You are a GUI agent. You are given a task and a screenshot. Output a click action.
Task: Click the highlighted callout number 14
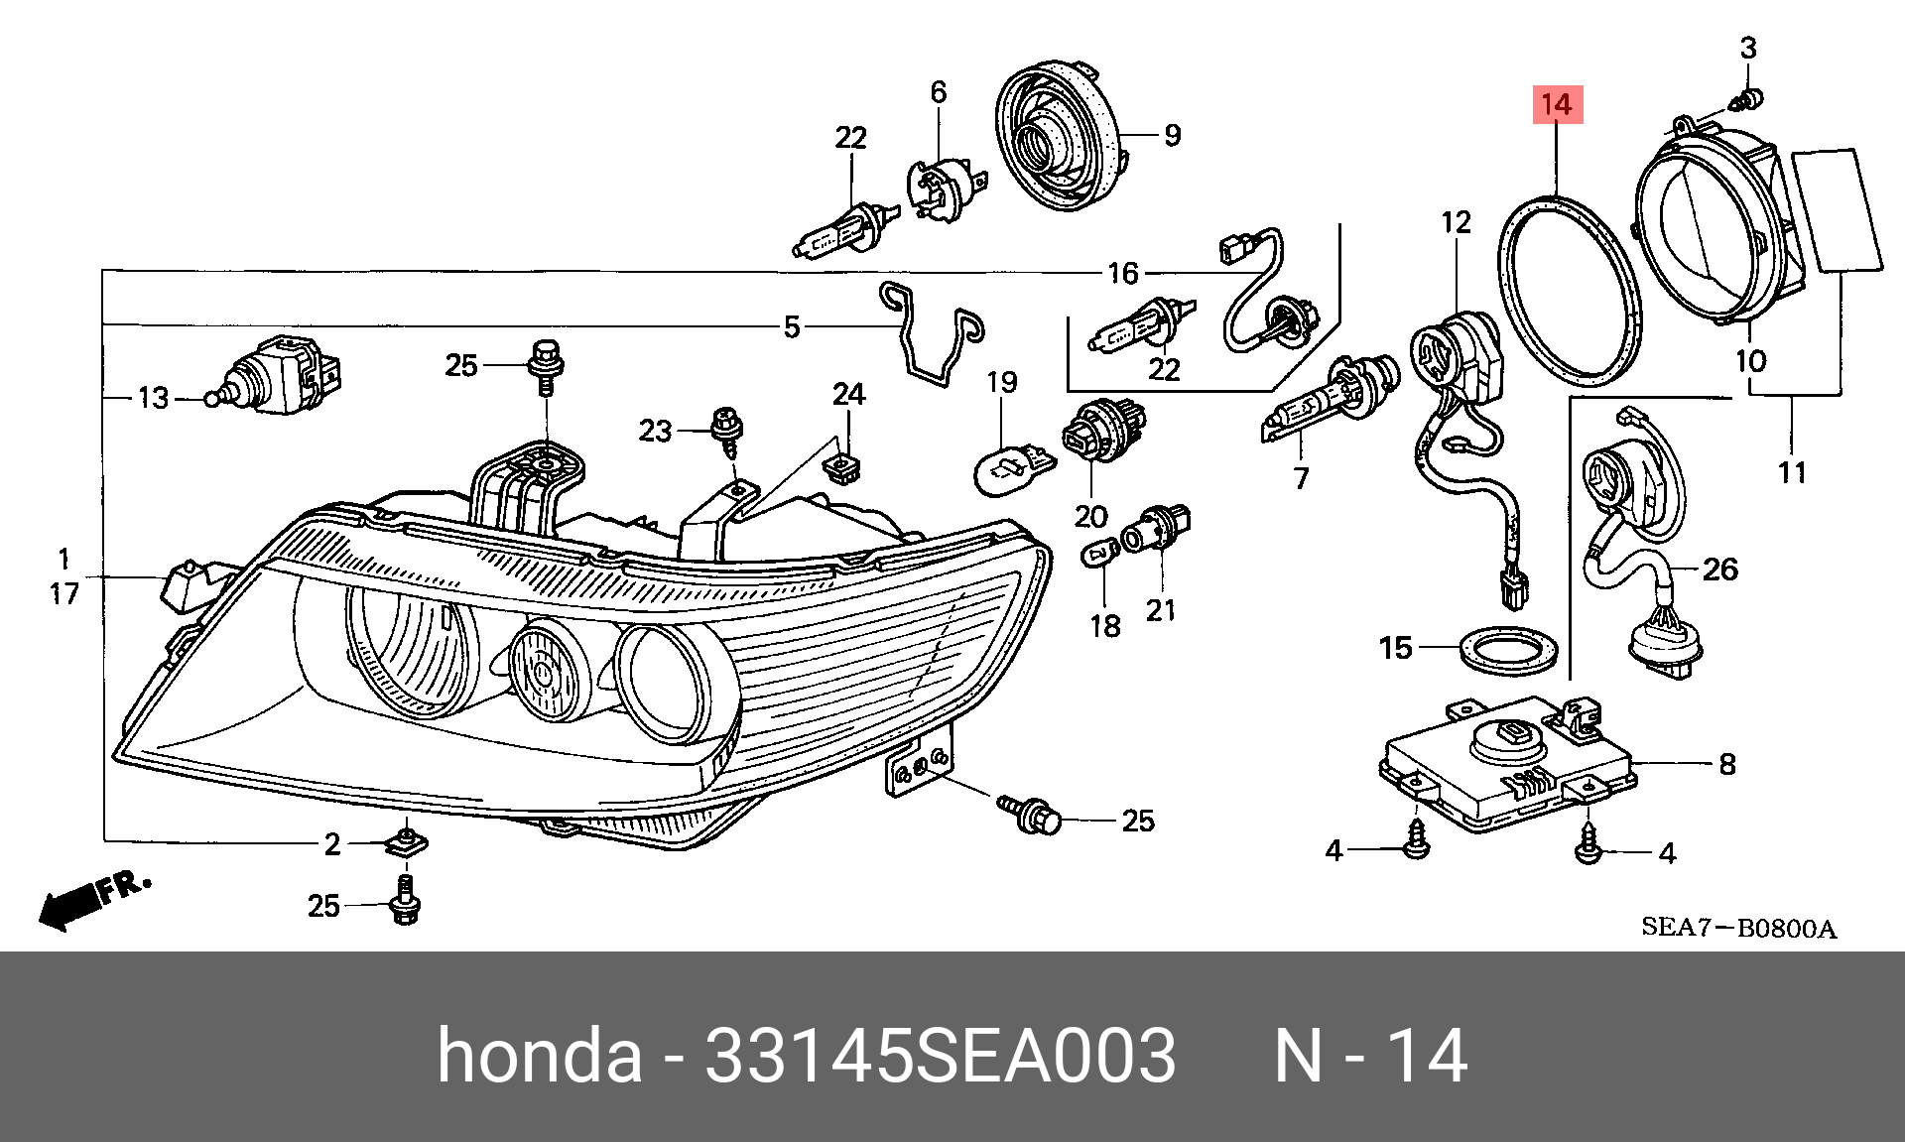[x=1557, y=104]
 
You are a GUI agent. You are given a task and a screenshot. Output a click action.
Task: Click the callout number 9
[x=1173, y=135]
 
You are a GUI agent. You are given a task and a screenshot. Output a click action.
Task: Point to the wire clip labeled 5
[x=931, y=334]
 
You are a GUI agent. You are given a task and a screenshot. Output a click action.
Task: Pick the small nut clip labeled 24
[x=843, y=465]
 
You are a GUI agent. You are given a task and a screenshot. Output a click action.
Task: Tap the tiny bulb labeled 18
[x=1098, y=551]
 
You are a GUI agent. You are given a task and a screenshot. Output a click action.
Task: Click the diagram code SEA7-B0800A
[x=1738, y=928]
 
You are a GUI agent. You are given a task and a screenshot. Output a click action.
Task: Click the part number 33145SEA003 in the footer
[x=940, y=1055]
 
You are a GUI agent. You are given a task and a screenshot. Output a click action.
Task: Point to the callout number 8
[x=1727, y=764]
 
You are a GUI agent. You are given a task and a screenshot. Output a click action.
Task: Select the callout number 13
[x=154, y=398]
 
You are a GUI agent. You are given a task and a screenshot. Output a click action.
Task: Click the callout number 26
[x=1720, y=570]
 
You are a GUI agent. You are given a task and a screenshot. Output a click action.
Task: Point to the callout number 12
[x=1456, y=222]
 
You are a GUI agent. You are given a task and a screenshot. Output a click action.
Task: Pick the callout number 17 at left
[x=64, y=594]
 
